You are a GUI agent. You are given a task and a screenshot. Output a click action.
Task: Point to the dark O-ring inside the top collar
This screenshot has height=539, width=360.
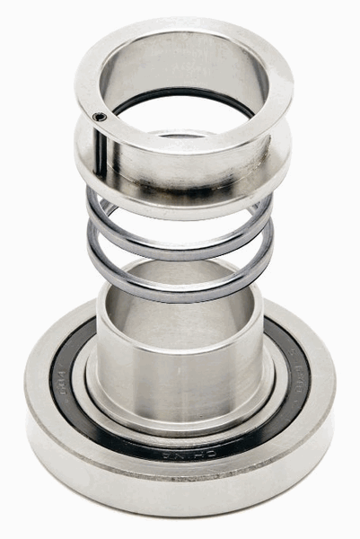[180, 91]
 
